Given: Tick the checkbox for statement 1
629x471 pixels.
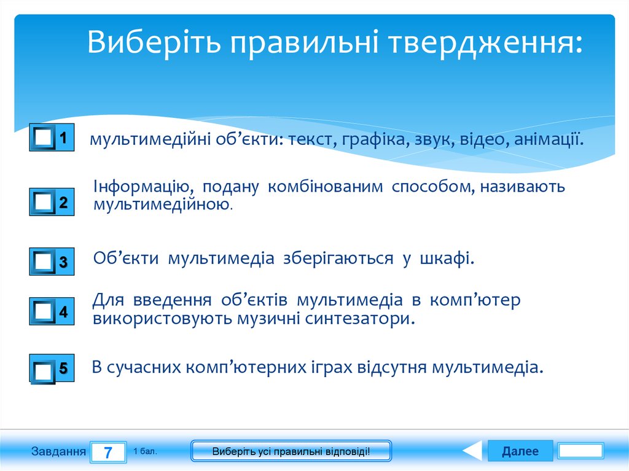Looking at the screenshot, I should pos(43,139).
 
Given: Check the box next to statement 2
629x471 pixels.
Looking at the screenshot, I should pos(43,202).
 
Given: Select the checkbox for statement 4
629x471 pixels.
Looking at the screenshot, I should pos(43,311).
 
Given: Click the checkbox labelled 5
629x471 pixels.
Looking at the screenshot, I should pos(43,370).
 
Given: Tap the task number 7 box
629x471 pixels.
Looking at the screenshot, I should pos(108,453).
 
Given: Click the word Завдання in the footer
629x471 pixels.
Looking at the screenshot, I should pos(58,452).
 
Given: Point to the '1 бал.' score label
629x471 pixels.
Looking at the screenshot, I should pos(145,451).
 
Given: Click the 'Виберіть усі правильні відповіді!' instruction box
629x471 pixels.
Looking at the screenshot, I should pos(291,451).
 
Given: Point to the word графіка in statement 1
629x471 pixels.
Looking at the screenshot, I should pos(373,140).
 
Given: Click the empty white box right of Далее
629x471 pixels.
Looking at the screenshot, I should pos(581,451).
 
